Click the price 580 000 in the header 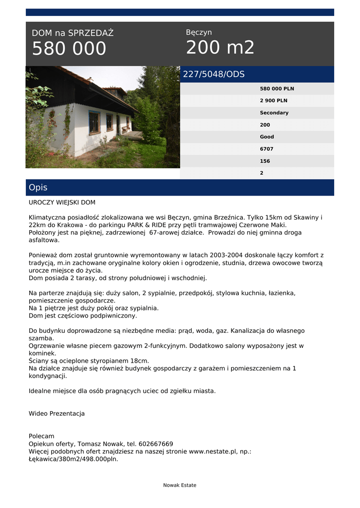(x=69, y=49)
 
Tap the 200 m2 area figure (x=220, y=48)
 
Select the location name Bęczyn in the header (x=199, y=32)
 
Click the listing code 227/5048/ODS (x=214, y=74)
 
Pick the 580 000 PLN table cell (x=277, y=89)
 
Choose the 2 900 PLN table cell (x=274, y=101)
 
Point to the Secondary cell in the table (x=274, y=113)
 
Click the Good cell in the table (x=267, y=137)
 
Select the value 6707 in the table (x=267, y=149)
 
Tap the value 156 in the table (x=265, y=161)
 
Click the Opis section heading (x=38, y=188)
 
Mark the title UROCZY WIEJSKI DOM (x=62, y=202)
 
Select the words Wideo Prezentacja (x=57, y=413)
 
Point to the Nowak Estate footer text (x=180, y=485)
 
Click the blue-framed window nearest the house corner (x=94, y=123)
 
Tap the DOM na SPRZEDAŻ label (x=72, y=33)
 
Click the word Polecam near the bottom (x=42, y=436)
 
